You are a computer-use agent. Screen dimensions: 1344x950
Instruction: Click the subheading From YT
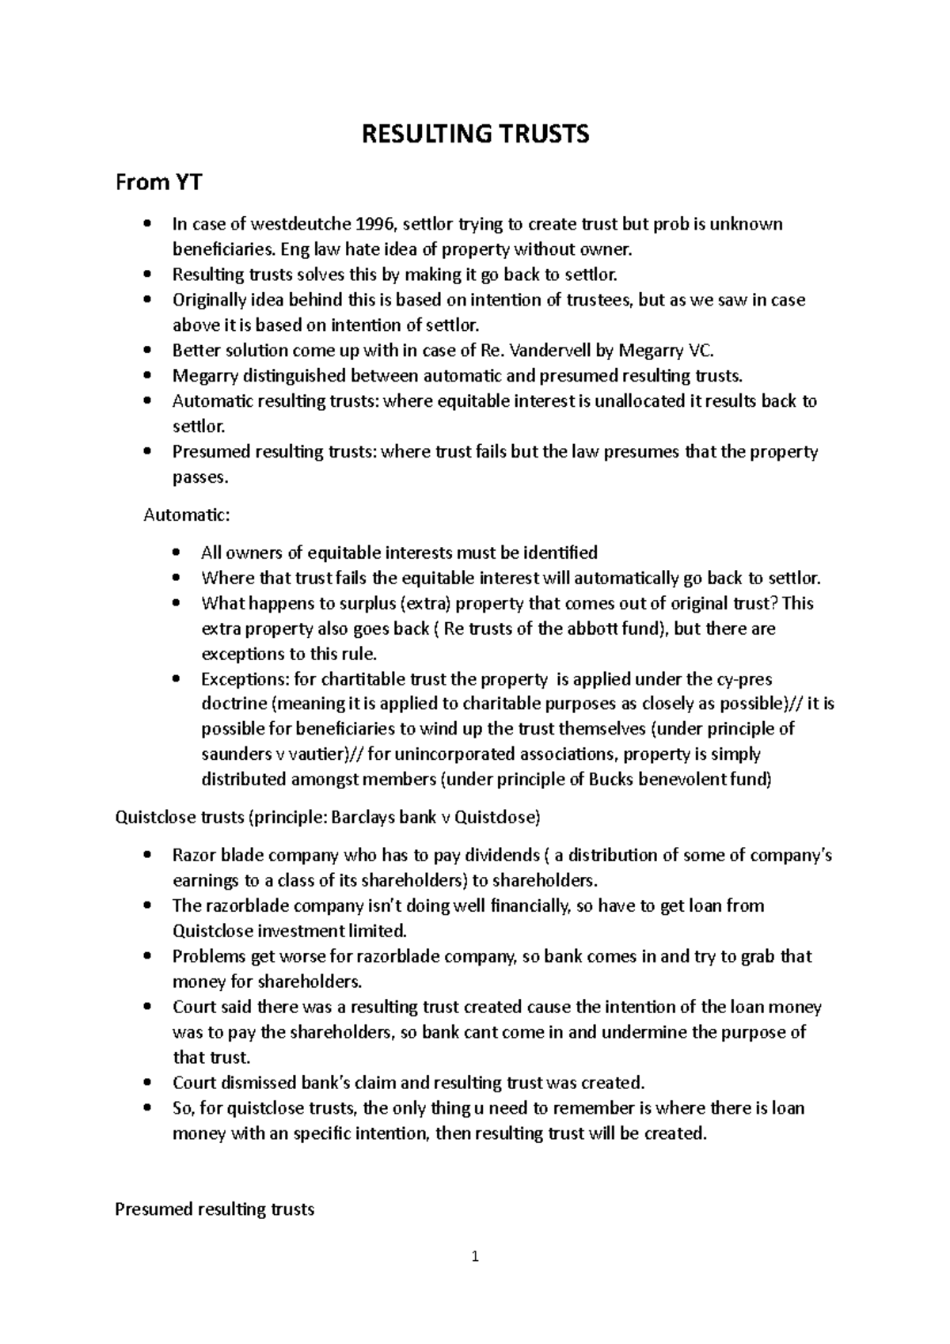coord(158,183)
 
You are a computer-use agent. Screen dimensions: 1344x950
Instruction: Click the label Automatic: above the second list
coord(187,515)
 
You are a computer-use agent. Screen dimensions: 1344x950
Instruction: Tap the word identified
coord(553,552)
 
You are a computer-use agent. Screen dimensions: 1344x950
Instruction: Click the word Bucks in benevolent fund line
coord(612,780)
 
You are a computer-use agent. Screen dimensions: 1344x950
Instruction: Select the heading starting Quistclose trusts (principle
coord(328,818)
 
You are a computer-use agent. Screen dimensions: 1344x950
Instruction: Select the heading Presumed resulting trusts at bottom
coord(215,1209)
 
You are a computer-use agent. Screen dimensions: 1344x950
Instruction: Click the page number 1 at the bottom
coord(475,1256)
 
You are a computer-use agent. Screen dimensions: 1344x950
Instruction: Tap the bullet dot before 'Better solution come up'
coord(147,351)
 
